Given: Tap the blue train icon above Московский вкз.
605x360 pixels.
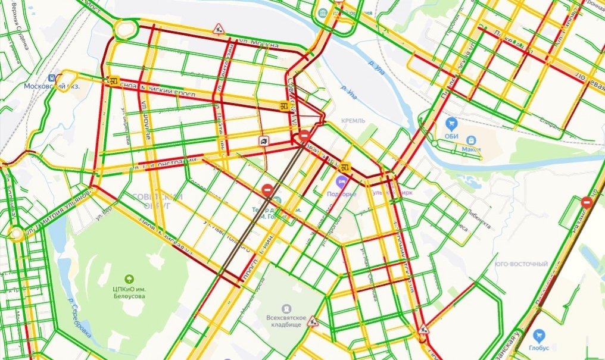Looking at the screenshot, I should (52, 77).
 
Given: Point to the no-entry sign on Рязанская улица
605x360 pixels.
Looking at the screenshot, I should (587, 202).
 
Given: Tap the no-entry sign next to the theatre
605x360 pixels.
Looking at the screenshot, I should (268, 190).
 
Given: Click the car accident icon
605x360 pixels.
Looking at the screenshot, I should (263, 141).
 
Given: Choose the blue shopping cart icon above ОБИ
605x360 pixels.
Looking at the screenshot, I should (451, 124).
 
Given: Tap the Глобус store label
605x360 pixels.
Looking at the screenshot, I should (539, 348).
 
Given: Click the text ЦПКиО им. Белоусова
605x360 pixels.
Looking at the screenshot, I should (129, 292).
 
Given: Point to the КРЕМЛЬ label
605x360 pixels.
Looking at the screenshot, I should (353, 121).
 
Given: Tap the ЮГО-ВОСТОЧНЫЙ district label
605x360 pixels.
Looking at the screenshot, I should (520, 264).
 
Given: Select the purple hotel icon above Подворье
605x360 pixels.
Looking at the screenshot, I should (342, 181).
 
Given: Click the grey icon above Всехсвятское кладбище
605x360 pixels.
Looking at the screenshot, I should (287, 309).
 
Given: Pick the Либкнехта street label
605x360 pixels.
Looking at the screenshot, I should (478, 218).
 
